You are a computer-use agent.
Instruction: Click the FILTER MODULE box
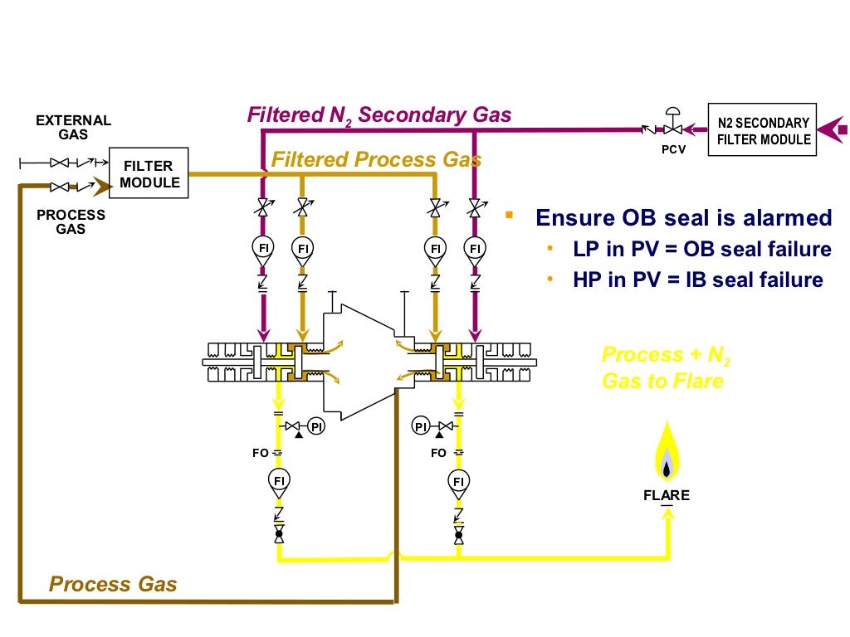(149, 174)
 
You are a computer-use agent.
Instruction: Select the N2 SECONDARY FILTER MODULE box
(762, 130)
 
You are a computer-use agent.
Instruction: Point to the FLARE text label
(667, 496)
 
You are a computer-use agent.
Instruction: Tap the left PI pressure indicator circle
(315, 426)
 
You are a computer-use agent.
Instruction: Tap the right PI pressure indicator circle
(421, 426)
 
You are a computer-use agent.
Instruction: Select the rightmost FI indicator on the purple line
(475, 247)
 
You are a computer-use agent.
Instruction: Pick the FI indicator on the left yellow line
(279, 479)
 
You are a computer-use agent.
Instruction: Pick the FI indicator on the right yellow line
(457, 479)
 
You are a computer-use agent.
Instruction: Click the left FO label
(260, 453)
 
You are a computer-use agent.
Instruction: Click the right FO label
(438, 453)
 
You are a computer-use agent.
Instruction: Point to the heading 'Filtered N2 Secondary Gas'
(379, 114)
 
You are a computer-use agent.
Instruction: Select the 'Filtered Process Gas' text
(376, 158)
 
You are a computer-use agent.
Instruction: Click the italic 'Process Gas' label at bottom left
(113, 584)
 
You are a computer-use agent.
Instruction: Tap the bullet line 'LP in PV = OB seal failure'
(701, 250)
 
